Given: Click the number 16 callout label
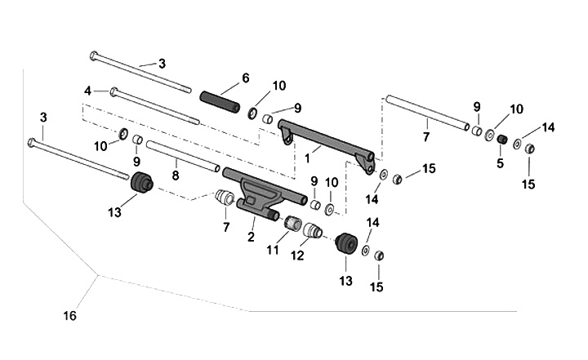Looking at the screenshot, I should [70, 313].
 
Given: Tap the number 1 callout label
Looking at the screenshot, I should [308, 151].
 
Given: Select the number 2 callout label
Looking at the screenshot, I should [252, 237].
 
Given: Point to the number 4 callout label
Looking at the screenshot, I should [87, 91].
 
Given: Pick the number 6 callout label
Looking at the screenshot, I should [244, 79].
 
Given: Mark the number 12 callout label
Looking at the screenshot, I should [298, 256].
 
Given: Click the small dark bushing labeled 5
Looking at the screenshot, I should [503, 140].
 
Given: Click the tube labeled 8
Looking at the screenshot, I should [184, 156].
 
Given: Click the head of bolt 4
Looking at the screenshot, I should [115, 91].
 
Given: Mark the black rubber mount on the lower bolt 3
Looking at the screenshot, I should [142, 183].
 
